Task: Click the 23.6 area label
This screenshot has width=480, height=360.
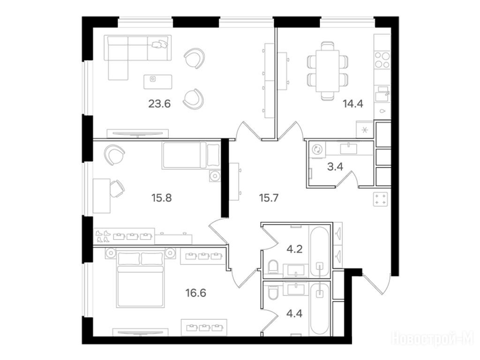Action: pyautogui.click(x=159, y=104)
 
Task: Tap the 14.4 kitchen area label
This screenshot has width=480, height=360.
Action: pyautogui.click(x=352, y=104)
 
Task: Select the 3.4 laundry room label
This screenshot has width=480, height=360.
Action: pyautogui.click(x=335, y=167)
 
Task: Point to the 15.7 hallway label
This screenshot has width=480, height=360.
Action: pyautogui.click(x=269, y=198)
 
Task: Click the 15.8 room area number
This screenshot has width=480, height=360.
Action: pyautogui.click(x=161, y=198)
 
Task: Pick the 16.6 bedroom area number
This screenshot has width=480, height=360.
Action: pyautogui.click(x=195, y=293)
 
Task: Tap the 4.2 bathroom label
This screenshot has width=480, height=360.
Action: pyautogui.click(x=294, y=249)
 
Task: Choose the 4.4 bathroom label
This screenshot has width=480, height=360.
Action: pyautogui.click(x=294, y=313)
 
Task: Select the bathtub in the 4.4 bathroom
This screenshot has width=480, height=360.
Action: pyautogui.click(x=320, y=309)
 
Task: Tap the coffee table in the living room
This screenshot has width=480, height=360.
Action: pyautogui.click(x=158, y=82)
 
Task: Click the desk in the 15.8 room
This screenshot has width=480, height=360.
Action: pyautogui.click(x=101, y=196)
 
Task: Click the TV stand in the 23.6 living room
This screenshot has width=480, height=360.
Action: pyautogui.click(x=137, y=133)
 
